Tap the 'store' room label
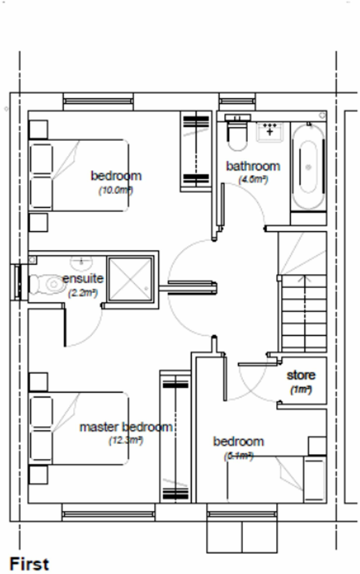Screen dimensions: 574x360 point(301,375)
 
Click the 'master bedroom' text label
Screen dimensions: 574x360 point(126,427)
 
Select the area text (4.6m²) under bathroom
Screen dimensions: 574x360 point(253,179)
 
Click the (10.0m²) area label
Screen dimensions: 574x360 point(116,190)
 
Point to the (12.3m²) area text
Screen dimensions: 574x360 point(126,441)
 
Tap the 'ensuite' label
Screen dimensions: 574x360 point(83,279)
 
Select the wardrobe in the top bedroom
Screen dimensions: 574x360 point(196,151)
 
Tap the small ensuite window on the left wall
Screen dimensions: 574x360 point(18,282)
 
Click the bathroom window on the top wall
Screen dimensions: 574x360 point(237,101)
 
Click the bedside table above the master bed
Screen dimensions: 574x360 point(38,382)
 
